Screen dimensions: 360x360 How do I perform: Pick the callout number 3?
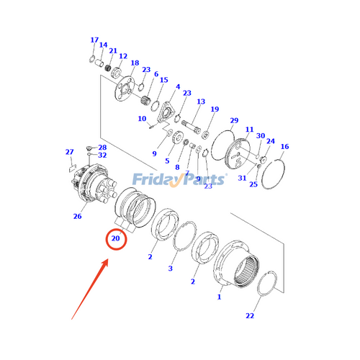tap(171, 269)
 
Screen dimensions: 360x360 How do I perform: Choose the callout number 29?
tap(233, 120)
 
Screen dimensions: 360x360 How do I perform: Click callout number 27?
tap(69, 151)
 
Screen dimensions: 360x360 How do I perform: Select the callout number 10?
tap(142, 119)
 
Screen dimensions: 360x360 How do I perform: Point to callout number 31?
tap(242, 178)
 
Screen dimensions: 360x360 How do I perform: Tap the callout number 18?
tap(135, 63)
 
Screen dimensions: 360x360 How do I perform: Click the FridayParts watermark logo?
tap(180, 177)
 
